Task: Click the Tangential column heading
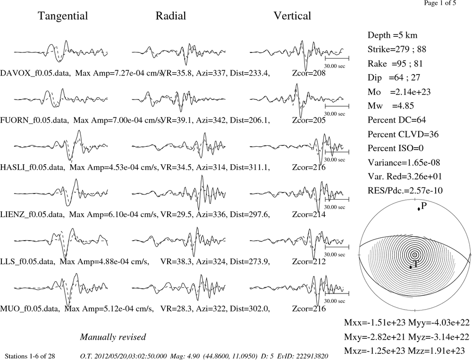(63, 16)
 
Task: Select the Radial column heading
(171, 16)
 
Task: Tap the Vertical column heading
(292, 16)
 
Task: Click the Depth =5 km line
(392, 35)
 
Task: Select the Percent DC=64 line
(397, 120)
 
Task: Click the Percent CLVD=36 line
(403, 134)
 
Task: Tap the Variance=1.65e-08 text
(404, 162)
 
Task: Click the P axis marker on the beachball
(419, 209)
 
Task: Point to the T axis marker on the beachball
(411, 267)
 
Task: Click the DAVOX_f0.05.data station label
(35, 73)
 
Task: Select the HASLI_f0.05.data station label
(33, 167)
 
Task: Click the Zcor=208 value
(309, 73)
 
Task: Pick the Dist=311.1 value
(250, 167)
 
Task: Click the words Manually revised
(113, 337)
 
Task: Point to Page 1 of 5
(440, 3)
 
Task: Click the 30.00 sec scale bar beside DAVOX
(337, 58)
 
